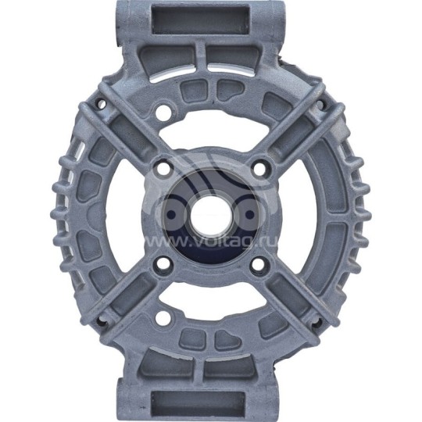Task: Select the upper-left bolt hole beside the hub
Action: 163,166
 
